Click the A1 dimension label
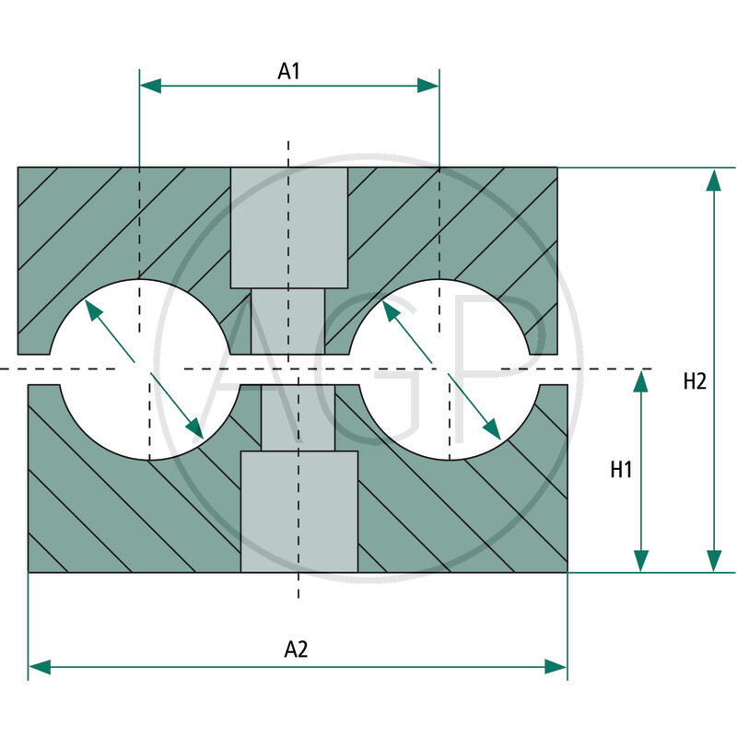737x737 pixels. pos(289,71)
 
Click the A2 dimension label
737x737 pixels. pos(296,649)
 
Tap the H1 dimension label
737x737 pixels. pos(621,470)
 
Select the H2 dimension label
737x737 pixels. pos(695,380)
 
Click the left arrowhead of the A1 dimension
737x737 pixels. pos(150,86)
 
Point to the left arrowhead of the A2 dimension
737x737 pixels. pos(40,666)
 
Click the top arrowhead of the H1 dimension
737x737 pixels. pos(641,381)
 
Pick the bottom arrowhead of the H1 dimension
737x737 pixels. pos(641,561)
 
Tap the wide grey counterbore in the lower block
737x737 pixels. pos(298,511)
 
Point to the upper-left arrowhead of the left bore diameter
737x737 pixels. pos(92,309)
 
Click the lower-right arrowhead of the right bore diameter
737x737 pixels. pos(492,429)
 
